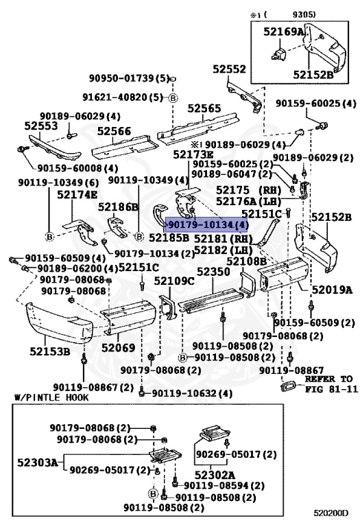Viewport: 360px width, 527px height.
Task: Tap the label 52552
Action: tap(228, 70)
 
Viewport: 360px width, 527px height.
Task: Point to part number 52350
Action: tap(213, 272)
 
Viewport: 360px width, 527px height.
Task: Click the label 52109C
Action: tap(173, 281)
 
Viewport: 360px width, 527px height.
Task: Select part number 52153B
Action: tap(49, 352)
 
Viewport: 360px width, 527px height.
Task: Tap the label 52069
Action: tap(118, 348)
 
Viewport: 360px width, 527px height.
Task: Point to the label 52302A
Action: tap(214, 474)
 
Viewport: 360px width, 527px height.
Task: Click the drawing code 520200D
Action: tap(331, 512)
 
